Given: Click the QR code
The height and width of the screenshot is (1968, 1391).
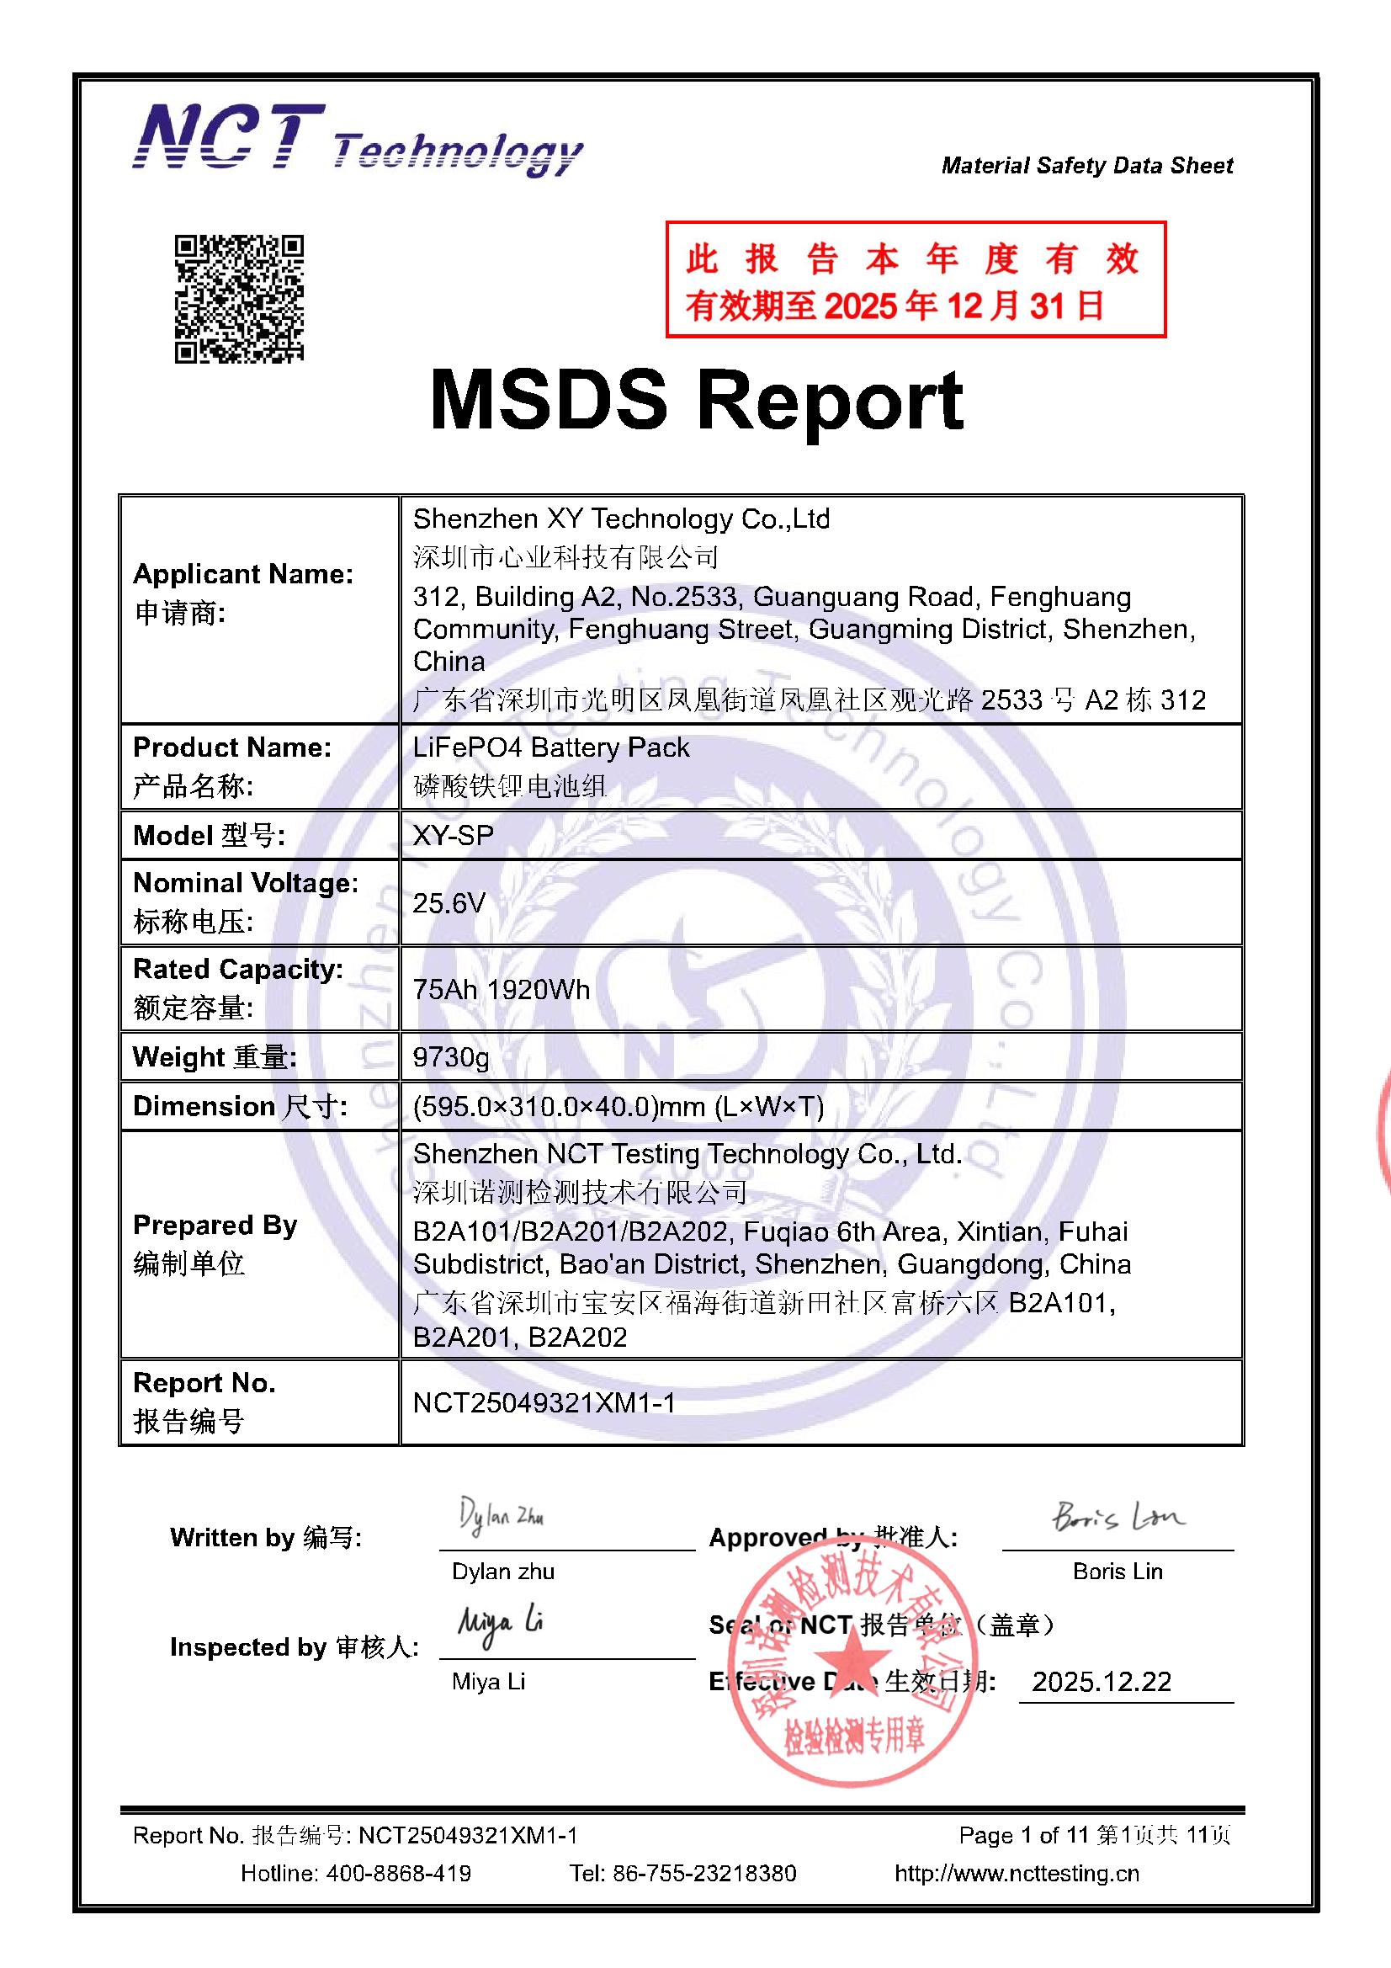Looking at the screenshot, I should [x=239, y=298].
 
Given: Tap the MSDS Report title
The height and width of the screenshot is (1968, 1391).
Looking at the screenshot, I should [x=696, y=401].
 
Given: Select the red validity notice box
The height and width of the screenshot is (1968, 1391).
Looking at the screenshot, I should [x=916, y=279].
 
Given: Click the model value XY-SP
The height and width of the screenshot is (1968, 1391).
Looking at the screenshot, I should [x=453, y=835].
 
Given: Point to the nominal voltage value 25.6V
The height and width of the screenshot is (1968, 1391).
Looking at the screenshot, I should [x=449, y=902].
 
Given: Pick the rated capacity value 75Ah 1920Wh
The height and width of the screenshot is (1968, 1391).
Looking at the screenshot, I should [x=502, y=990].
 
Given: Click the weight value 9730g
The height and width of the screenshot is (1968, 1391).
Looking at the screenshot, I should [x=451, y=1057].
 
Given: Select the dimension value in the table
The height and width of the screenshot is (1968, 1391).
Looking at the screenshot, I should [x=618, y=1107].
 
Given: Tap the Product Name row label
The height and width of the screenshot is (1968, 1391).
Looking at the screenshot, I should [x=231, y=766].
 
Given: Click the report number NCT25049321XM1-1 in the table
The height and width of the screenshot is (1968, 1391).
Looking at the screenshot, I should [x=544, y=1402].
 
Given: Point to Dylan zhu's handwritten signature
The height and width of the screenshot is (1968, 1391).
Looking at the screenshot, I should [x=502, y=1517].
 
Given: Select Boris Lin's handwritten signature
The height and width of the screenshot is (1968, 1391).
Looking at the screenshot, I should [x=1118, y=1518].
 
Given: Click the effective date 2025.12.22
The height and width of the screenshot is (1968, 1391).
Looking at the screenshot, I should [x=1102, y=1682].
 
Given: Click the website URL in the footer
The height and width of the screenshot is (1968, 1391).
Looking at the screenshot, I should [x=1017, y=1874].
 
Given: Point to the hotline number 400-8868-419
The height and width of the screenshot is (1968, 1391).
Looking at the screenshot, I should [x=398, y=1874].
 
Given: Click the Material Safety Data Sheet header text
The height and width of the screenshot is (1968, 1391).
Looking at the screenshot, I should [x=1086, y=166].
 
